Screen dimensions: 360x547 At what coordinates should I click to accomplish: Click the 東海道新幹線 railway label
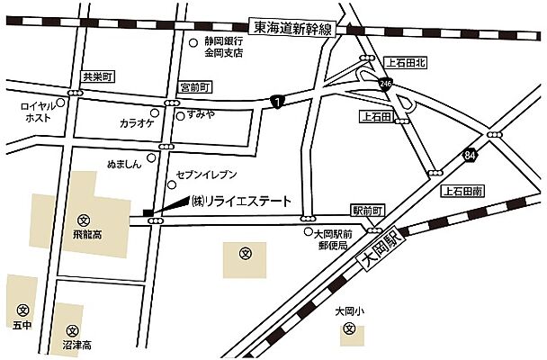(293, 30)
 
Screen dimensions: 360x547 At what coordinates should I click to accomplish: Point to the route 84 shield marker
(471, 156)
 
